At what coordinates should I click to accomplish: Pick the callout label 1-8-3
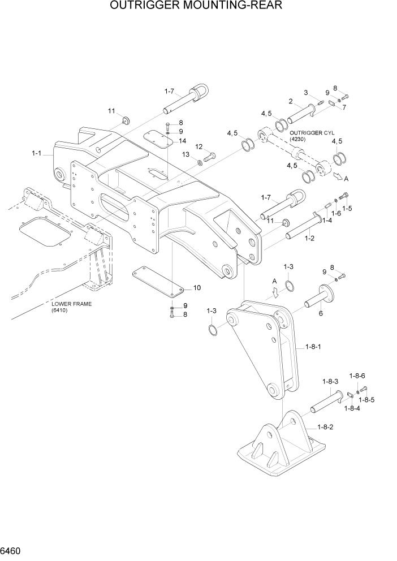pyautogui.click(x=330, y=381)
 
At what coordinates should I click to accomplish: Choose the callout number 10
pyautogui.click(x=197, y=288)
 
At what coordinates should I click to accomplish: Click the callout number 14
pyautogui.click(x=182, y=141)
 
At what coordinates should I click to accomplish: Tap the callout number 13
pyautogui.click(x=185, y=154)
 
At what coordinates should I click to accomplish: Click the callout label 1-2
pyautogui.click(x=310, y=239)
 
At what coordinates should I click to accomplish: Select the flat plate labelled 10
pyautogui.click(x=159, y=281)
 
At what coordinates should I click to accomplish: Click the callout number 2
pyautogui.click(x=290, y=102)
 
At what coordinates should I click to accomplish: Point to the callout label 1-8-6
pyautogui.click(x=357, y=376)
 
